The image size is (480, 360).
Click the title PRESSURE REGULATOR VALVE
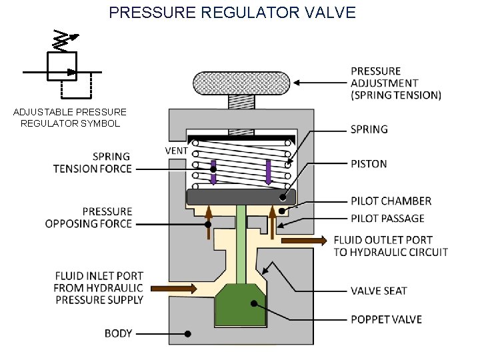coord(232,12)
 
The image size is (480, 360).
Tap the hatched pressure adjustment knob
coord(241,83)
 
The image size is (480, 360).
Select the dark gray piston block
coord(241,197)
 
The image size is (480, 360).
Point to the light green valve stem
coord(241,240)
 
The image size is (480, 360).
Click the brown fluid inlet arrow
coord(174,289)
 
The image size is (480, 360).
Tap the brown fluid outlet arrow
coord(303,240)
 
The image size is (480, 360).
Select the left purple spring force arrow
coord(213,171)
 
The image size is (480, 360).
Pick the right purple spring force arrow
coord(269,171)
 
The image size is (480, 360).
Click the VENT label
coord(176,150)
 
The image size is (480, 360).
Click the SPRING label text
coord(369,129)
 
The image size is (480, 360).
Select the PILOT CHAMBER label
coord(391,201)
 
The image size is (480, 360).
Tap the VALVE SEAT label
coord(379,291)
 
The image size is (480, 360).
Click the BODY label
coord(118,333)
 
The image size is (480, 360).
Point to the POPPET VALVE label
coord(386,319)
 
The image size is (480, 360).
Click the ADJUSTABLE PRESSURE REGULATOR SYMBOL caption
coord(70,117)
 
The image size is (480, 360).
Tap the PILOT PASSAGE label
coord(387,218)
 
